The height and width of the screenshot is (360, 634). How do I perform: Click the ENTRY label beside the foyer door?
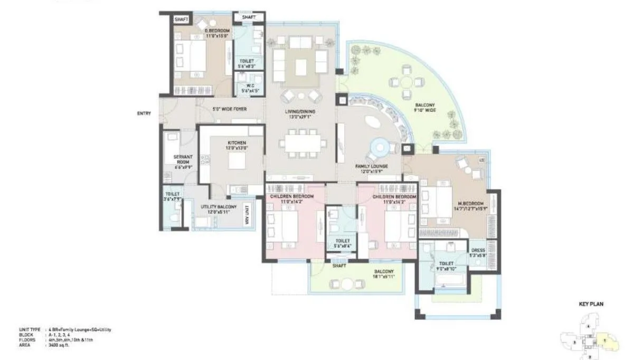click(144, 113)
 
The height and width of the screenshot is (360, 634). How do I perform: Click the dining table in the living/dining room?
click(300, 143)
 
